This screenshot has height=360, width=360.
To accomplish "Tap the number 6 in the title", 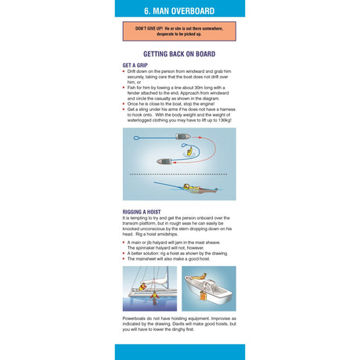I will [x=146, y=12].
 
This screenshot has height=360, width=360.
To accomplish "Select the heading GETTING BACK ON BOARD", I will [x=179, y=54].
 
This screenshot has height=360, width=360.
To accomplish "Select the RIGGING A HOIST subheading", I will [x=144, y=212].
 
